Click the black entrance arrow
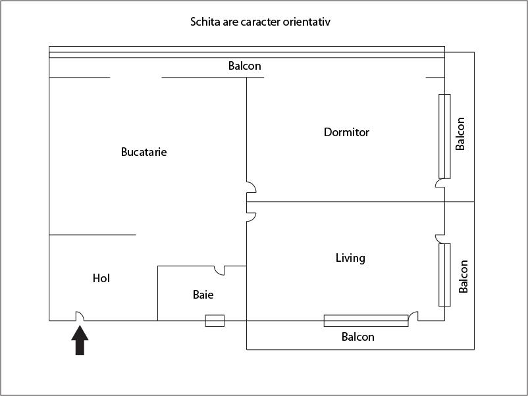pos(80,341)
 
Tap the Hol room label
pos(101,278)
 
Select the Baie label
pos(203,295)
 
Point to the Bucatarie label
pos(144,152)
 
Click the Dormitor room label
pos(346,132)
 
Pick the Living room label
pos(350,258)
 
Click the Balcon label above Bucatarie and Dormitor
pos(245,66)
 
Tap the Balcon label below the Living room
pos(357,337)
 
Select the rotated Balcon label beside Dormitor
pos(461,134)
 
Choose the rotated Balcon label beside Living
pos(463,276)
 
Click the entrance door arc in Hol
pos(79,316)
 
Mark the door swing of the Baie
pos(220,270)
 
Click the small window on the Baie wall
pos(215,320)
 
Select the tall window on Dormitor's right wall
pos(444,136)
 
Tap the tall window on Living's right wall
pos(444,274)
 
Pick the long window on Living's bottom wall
pos(365,320)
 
